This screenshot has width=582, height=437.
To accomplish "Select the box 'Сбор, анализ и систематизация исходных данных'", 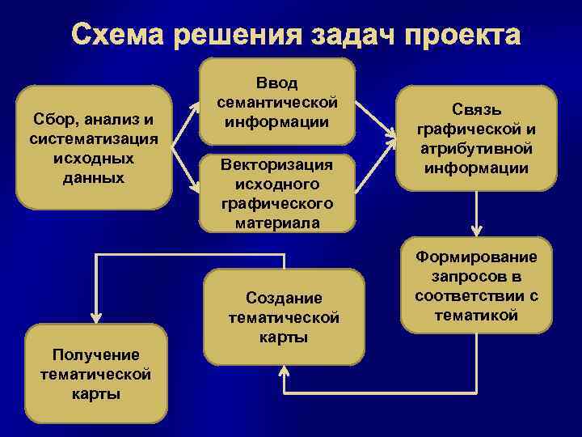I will [x=94, y=147].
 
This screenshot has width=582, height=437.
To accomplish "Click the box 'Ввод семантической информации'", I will [x=277, y=102].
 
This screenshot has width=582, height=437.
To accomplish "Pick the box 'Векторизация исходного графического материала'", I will [x=277, y=193].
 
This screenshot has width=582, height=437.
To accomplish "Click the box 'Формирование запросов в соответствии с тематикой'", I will [x=477, y=286].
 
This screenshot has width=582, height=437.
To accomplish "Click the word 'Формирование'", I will [x=477, y=257].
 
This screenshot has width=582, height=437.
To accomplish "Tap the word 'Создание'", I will [x=285, y=298].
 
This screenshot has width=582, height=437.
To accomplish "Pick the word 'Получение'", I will [x=95, y=354].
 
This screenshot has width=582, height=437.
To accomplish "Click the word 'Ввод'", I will [x=277, y=83].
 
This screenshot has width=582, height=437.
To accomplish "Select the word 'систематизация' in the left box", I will [x=94, y=138].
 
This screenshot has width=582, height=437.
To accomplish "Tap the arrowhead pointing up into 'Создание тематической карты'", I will [x=285, y=371].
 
